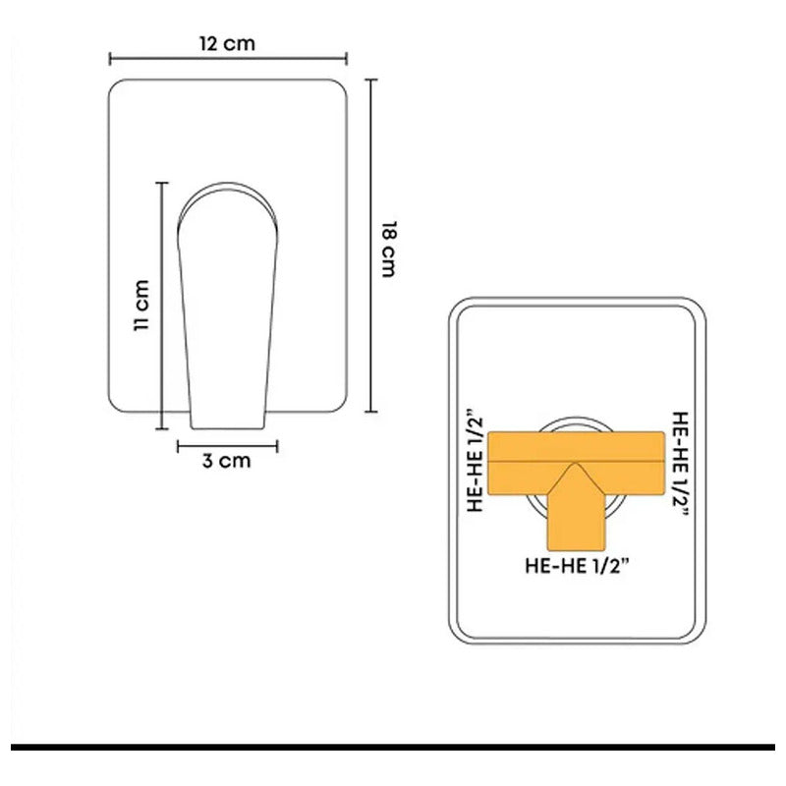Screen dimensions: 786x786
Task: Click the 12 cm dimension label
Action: click(x=227, y=43)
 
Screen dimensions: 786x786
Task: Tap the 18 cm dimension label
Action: click(x=389, y=250)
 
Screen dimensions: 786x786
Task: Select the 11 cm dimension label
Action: click(x=142, y=306)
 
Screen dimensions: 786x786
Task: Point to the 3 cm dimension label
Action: click(x=227, y=461)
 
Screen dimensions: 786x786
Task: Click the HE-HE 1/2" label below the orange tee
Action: click(x=577, y=566)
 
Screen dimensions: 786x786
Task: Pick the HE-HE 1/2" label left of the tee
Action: click(x=475, y=461)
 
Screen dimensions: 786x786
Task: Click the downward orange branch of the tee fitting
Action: click(x=576, y=522)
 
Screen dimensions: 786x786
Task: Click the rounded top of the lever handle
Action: click(x=227, y=188)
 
